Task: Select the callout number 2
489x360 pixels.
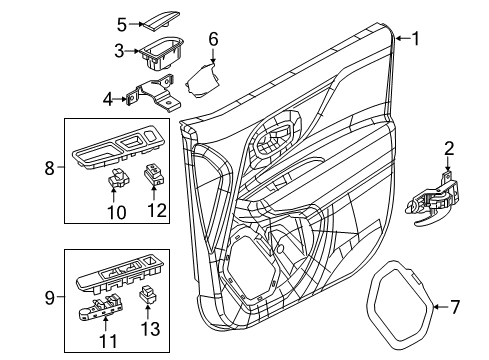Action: (x=449, y=150)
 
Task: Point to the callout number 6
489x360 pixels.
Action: (x=212, y=39)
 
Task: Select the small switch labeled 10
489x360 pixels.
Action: (x=117, y=180)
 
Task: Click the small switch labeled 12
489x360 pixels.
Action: (x=156, y=177)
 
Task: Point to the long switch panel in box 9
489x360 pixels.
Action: (x=120, y=273)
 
